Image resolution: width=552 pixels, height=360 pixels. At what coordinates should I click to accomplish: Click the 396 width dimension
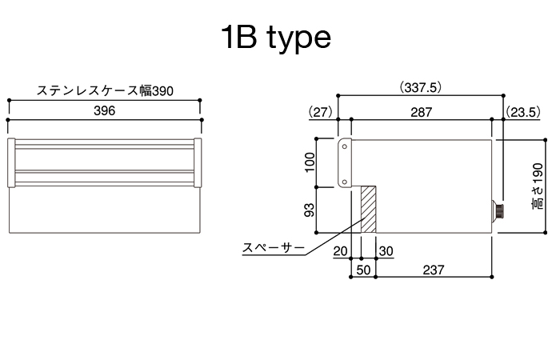click(104, 111)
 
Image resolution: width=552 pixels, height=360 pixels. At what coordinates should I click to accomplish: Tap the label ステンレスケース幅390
click(105, 90)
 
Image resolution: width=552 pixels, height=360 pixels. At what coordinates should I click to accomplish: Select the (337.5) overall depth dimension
click(420, 87)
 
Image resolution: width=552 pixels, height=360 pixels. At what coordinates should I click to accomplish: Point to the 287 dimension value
click(421, 112)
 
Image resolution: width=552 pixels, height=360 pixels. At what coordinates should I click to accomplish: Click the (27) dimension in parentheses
click(320, 112)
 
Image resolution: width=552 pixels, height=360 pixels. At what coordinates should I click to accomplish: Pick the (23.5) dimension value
click(522, 112)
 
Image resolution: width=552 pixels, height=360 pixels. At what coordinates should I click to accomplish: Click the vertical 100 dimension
click(310, 162)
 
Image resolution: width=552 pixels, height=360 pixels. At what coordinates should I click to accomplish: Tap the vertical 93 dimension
click(310, 210)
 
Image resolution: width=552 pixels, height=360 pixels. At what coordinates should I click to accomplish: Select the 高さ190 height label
click(538, 186)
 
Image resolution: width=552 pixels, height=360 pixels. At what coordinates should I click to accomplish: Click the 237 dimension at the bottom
click(434, 270)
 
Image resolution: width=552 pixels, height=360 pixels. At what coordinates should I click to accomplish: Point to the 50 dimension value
click(363, 270)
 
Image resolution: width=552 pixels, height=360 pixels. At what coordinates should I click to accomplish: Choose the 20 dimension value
click(340, 251)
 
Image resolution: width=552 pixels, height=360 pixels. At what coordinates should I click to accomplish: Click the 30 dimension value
click(386, 251)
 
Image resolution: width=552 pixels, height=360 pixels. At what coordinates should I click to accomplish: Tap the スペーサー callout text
click(273, 248)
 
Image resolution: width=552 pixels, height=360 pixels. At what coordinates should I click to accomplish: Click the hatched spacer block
click(369, 210)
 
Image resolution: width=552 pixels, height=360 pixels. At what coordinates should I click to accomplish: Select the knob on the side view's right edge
click(498, 210)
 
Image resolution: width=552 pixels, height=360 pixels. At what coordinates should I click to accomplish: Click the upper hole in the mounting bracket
click(345, 146)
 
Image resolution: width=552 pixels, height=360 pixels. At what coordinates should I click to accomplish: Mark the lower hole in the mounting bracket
click(345, 182)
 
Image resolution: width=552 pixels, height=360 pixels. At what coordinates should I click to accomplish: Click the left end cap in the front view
click(11, 162)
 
